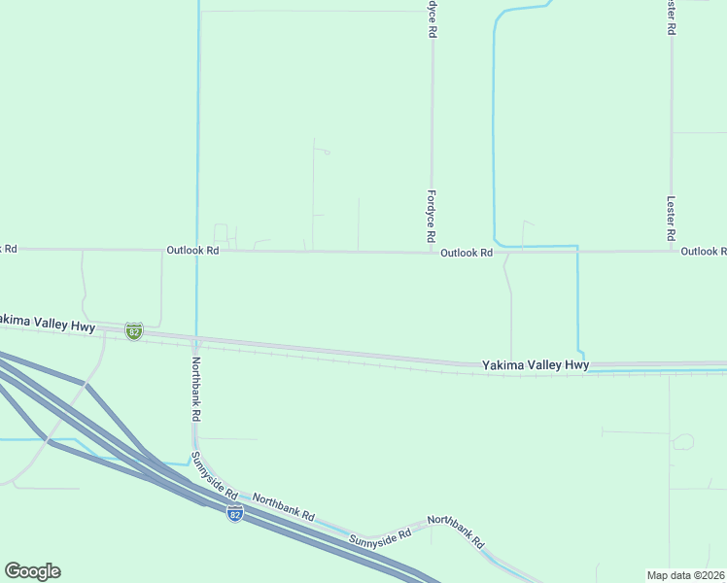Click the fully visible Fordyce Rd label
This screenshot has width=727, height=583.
click(431, 216)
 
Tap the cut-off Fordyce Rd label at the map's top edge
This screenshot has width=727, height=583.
click(432, 17)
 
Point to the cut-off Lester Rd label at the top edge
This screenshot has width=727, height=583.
click(671, 17)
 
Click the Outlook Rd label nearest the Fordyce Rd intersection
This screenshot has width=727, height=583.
click(467, 253)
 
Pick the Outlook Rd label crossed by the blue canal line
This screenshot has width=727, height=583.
click(193, 250)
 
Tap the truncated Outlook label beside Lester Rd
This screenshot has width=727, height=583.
click(703, 251)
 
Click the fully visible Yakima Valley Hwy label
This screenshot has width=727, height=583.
click(536, 365)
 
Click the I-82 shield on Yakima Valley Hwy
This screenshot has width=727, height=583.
click(134, 331)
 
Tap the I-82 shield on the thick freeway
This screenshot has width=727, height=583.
click(235, 513)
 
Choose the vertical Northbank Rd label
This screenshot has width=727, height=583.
click(195, 388)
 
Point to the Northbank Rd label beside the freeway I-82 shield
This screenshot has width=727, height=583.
click(284, 506)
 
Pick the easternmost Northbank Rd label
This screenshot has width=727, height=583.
click(455, 532)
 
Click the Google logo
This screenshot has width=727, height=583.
click(32, 571)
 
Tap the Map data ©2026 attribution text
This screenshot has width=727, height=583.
click(684, 575)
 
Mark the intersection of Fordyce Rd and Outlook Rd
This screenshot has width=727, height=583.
click(432, 253)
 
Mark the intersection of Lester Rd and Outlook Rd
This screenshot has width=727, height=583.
click(671, 251)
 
